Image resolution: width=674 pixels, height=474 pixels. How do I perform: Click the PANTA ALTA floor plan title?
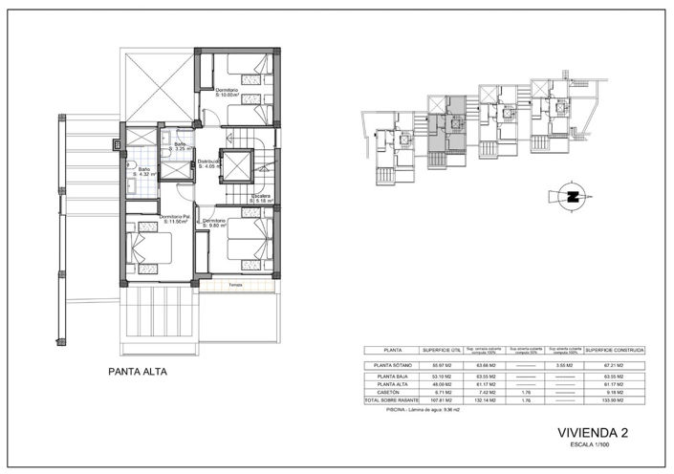[141, 375]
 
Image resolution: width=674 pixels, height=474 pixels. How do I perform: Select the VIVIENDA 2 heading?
[592, 434]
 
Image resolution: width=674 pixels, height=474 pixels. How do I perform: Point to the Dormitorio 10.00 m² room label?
[232, 93]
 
